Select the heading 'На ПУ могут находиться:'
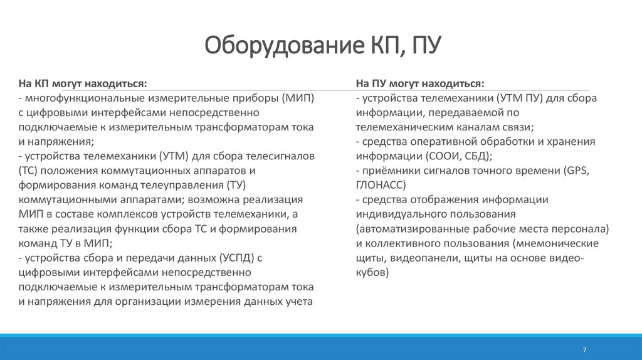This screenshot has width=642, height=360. (x=419, y=83)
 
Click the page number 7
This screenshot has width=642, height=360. (x=584, y=349)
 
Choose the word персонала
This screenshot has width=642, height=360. (x=582, y=229)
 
